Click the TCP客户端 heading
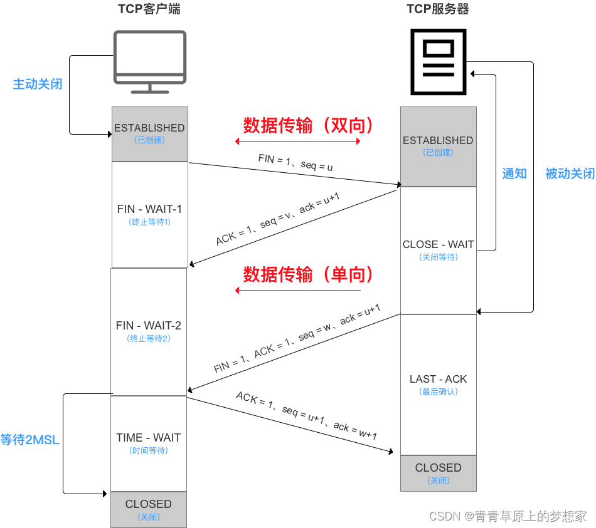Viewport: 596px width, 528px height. point(149,9)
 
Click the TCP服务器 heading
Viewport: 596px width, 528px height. point(437,9)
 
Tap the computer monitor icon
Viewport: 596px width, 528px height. point(149,61)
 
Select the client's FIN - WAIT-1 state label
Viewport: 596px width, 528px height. point(149,209)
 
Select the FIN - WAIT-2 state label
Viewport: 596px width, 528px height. point(149,326)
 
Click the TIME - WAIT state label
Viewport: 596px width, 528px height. point(149,438)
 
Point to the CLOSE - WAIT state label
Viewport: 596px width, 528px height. point(438,245)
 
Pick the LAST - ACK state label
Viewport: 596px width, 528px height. point(438,379)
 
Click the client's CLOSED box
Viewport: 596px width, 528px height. point(149,509)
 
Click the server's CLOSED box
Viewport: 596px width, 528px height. point(438,473)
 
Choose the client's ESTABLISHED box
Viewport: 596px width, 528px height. point(149,133)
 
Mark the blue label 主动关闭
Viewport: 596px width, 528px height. point(38,84)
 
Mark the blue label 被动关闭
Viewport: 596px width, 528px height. point(570,173)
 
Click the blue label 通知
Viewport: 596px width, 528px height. point(514,173)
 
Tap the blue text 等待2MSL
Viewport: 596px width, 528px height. point(30,440)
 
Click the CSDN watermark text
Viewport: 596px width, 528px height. point(508,516)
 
